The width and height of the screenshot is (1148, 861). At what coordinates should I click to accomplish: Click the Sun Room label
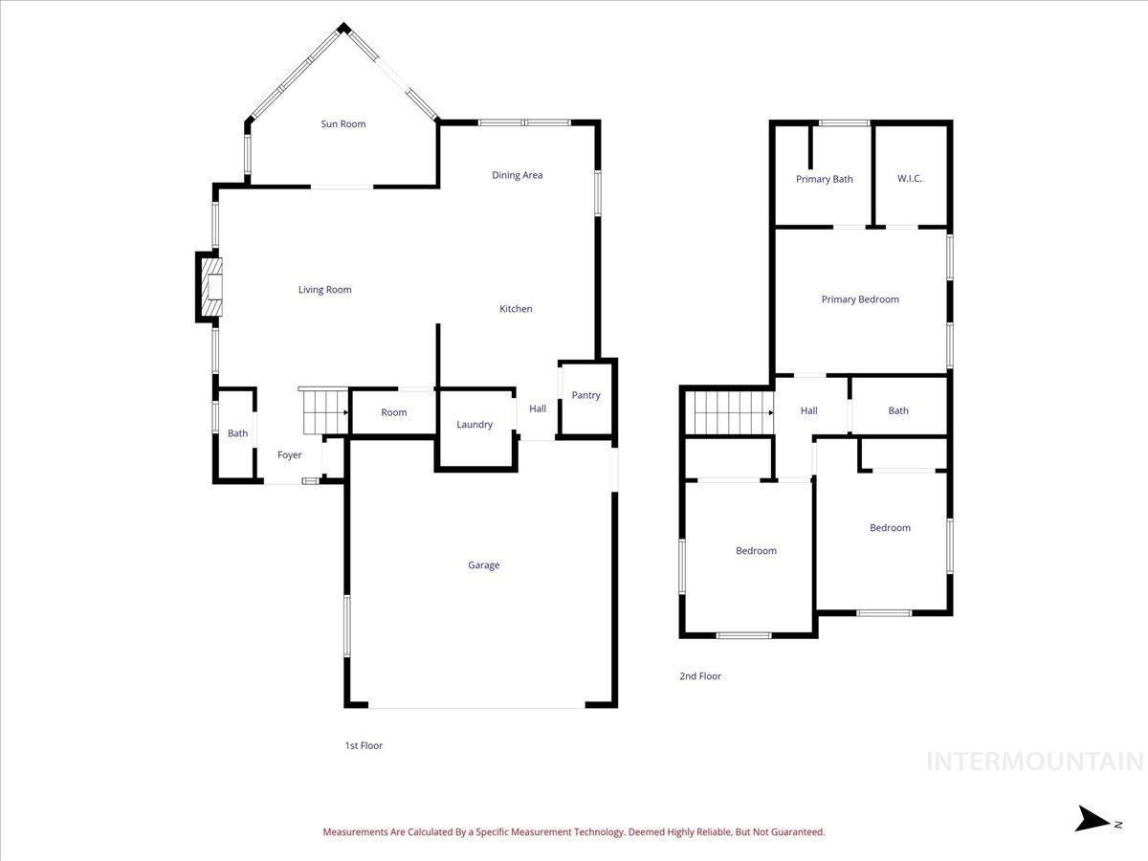click(x=342, y=124)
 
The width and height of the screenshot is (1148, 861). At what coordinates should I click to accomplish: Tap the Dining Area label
click(x=518, y=175)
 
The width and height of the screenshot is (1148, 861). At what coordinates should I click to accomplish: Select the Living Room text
click(x=324, y=290)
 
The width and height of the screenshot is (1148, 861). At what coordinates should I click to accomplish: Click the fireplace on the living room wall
click(x=210, y=287)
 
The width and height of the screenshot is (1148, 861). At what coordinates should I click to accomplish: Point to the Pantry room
click(x=585, y=396)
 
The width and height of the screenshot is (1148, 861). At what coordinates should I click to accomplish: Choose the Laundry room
click(x=475, y=425)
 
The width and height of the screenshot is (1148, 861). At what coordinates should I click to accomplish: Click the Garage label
click(x=483, y=565)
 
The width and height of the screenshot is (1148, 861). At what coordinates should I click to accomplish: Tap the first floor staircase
click(x=324, y=412)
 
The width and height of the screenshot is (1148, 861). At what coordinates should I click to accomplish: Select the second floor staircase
click(x=733, y=412)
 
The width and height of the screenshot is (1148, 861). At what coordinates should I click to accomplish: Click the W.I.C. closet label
click(x=910, y=179)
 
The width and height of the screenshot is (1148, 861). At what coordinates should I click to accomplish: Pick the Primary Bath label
click(x=824, y=179)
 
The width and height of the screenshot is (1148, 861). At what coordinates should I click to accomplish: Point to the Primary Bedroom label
click(x=860, y=299)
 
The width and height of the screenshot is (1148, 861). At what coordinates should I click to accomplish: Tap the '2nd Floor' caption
click(x=700, y=676)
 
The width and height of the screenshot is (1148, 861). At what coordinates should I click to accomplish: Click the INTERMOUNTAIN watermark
click(x=1035, y=762)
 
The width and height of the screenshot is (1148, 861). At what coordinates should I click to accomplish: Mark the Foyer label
click(x=289, y=455)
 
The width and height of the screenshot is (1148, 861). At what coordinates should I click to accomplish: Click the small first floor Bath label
click(x=237, y=433)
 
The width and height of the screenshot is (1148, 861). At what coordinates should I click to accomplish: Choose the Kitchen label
click(x=516, y=309)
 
